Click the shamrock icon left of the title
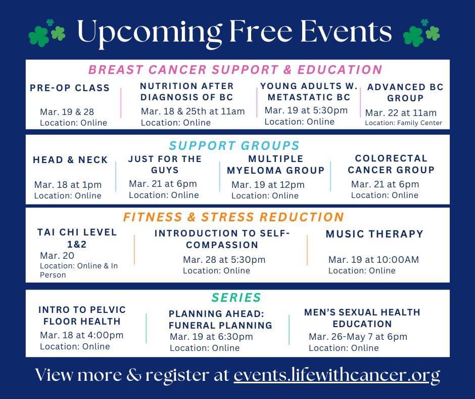pyautogui.click(x=47, y=33)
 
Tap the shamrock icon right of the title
pyautogui.click(x=421, y=33)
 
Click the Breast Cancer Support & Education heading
pyautogui.click(x=235, y=69)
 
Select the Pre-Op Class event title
pyautogui.click(x=70, y=88)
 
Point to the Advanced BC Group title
pyautogui.click(x=405, y=92)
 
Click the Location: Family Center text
pyautogui.click(x=403, y=123)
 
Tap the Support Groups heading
pyautogui.click(x=234, y=146)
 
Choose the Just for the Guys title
pyautogui.click(x=165, y=165)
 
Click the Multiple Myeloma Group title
pyautogui.click(x=275, y=165)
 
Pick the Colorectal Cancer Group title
pyautogui.click(x=391, y=164)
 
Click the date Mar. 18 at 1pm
pyautogui.click(x=68, y=185)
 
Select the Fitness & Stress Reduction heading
pyautogui.click(x=233, y=217)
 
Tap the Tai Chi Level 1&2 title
pyautogui.click(x=77, y=238)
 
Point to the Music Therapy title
pyautogui.click(x=374, y=234)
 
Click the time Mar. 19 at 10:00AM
pyautogui.click(x=373, y=260)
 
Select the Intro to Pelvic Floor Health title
pyautogui.click(x=82, y=315)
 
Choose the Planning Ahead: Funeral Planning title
pyautogui.click(x=220, y=319)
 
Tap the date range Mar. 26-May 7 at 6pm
pyautogui.click(x=358, y=337)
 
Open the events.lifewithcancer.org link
pyautogui.click(x=337, y=375)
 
